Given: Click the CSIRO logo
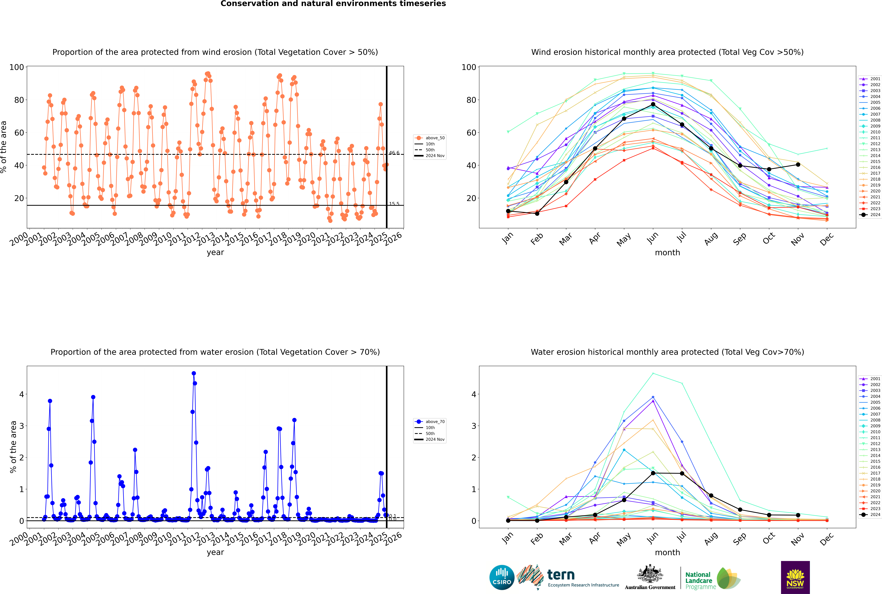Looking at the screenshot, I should coord(502,577).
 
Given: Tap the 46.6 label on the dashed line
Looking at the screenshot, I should coord(394,153).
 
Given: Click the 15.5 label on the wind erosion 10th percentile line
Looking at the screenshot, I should coord(394,204).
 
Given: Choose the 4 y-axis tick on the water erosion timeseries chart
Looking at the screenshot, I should coord(22,394).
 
